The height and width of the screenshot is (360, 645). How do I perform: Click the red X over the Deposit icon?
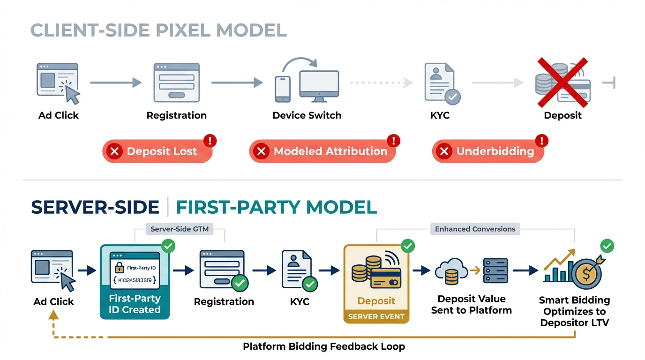[562, 82]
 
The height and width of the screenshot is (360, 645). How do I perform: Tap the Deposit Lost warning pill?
[157, 151]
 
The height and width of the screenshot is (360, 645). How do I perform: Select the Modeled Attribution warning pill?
[322, 151]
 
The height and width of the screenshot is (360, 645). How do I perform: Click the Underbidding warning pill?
[488, 151]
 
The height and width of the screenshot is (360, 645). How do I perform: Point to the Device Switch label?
[307, 115]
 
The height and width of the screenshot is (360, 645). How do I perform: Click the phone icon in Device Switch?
[283, 89]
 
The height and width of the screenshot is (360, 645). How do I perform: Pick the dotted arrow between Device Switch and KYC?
[382, 83]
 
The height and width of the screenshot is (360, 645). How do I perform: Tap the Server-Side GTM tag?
[180, 229]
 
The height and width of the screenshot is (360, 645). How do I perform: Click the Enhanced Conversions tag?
[475, 229]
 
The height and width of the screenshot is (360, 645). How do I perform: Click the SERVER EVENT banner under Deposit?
[376, 316]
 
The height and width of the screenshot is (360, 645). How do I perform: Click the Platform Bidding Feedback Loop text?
[324, 347]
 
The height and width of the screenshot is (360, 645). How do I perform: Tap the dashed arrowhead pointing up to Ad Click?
[53, 315]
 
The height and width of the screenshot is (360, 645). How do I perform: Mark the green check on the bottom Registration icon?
[240, 283]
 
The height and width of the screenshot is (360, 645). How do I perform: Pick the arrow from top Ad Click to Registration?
[115, 83]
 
